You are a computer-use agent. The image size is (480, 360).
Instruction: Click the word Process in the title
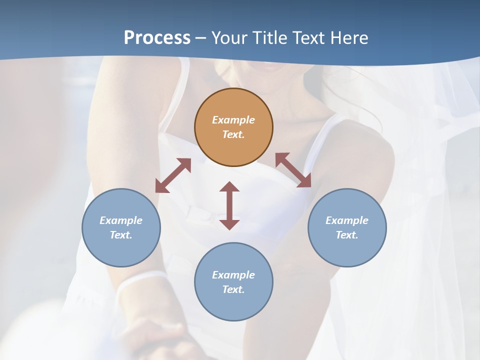coord(157,38)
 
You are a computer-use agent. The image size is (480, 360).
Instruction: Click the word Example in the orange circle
coord(233,120)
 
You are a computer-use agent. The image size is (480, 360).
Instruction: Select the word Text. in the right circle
coord(347,235)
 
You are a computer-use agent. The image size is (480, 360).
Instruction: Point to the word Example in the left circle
coord(121,220)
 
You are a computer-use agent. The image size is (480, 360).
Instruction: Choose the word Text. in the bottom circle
coord(233,289)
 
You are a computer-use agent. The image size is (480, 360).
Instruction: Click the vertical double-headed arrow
coord(229,205)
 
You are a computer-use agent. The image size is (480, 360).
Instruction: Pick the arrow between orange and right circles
coord(293,170)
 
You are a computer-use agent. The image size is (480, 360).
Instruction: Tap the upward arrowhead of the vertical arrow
coord(229,187)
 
